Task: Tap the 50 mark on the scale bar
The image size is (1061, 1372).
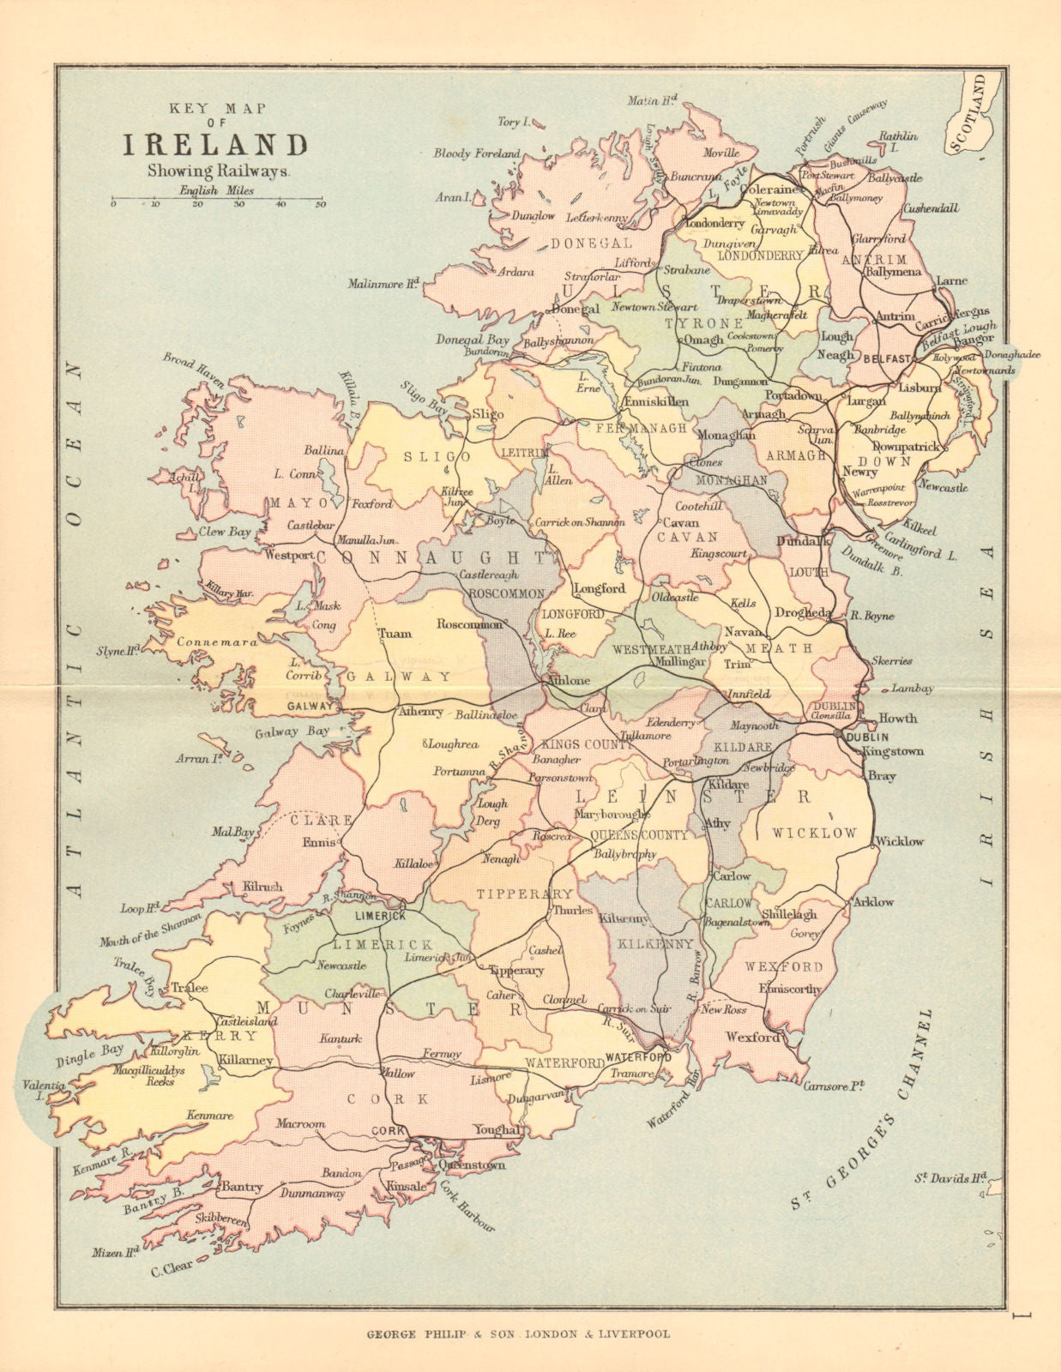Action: tap(320, 205)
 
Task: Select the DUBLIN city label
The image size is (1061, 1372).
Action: tap(866, 737)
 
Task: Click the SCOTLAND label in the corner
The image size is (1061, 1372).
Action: tap(974, 112)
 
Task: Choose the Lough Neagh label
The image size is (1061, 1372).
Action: tap(836, 346)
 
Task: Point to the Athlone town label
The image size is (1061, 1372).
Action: tap(568, 680)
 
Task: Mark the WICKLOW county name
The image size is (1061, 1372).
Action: tap(814, 833)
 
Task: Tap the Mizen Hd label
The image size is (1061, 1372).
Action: tap(116, 1253)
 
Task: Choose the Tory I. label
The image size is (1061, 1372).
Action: tap(509, 123)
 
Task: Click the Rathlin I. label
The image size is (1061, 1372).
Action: tap(898, 141)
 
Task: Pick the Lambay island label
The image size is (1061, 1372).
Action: tap(912, 688)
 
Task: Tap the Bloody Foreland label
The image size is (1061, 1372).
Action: tap(476, 153)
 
